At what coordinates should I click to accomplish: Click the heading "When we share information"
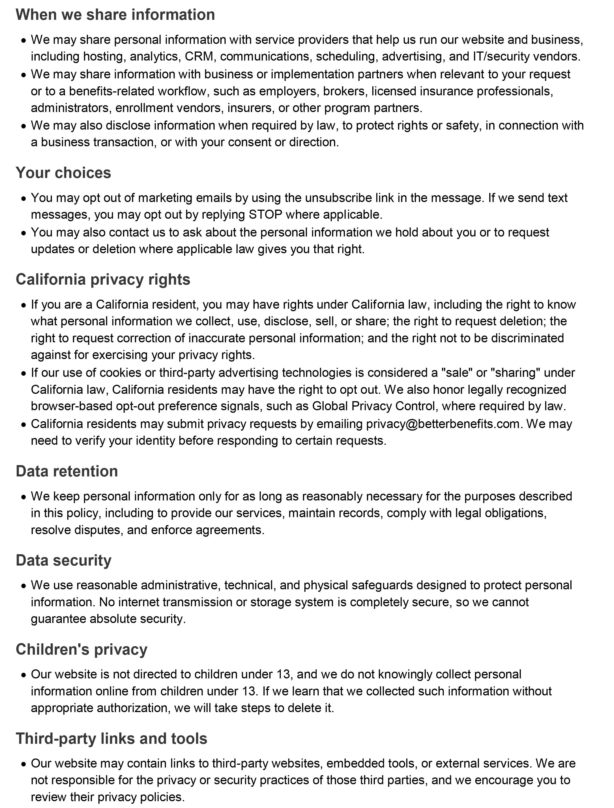click(115, 15)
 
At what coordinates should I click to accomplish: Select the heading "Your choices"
click(63, 173)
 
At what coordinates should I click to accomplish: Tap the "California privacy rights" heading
click(103, 280)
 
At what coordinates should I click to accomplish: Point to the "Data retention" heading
click(66, 471)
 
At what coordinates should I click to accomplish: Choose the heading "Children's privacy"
click(81, 649)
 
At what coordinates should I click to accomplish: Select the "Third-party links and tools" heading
click(111, 739)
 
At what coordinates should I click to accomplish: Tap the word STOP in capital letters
click(265, 214)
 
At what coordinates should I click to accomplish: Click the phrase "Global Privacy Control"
click(373, 406)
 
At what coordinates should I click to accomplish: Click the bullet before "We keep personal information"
click(24, 497)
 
